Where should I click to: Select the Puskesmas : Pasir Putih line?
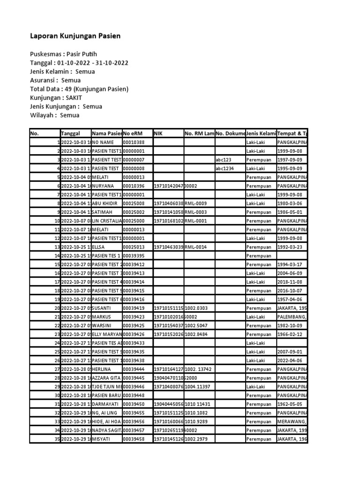pyautogui.click(x=63, y=54)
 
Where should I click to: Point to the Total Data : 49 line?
pyautogui.click(x=79, y=89)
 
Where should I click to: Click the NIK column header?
pyautogui.click(x=157, y=134)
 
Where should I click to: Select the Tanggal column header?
pyautogui.click(x=70, y=134)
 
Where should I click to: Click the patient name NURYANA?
pyautogui.click(x=104, y=186)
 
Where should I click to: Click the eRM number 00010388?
pyautogui.click(x=134, y=142)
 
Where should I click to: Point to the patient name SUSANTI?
pyautogui.click(x=104, y=308)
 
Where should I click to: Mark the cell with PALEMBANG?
pyautogui.click(x=292, y=317)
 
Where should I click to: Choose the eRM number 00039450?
pyautogui.click(x=134, y=404)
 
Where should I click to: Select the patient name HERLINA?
pyautogui.click(x=104, y=369)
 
